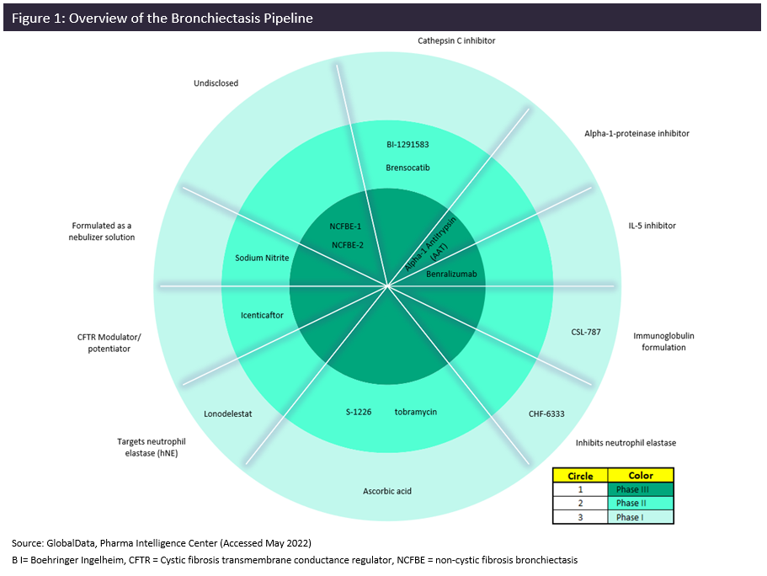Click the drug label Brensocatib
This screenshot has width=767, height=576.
407,168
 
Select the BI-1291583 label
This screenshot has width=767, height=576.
407,145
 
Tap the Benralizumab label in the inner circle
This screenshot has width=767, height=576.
451,274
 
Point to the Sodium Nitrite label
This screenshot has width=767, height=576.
262,259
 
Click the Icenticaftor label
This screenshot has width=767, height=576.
262,315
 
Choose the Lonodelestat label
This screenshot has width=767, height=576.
228,413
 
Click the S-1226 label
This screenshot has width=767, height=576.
358,412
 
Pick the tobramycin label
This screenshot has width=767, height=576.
416,412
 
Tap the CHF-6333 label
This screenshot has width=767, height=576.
546,413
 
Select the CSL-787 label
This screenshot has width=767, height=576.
585,332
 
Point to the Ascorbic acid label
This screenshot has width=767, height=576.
387,491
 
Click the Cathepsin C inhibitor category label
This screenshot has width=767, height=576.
456,40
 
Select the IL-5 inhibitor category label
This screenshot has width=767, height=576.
652,226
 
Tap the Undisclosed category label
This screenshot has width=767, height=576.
216,83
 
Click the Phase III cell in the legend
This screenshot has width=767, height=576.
640,489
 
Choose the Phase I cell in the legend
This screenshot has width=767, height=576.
640,517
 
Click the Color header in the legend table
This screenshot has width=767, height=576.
640,476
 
